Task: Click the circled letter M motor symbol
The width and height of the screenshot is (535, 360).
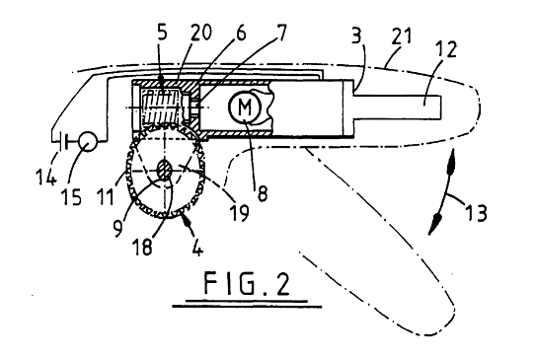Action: [244, 107]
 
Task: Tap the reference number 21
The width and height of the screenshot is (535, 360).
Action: [402, 37]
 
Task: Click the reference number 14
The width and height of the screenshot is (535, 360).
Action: [46, 176]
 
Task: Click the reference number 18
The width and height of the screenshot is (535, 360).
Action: [143, 247]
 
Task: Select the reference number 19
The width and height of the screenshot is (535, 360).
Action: [241, 212]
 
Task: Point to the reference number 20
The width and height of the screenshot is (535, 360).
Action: [200, 33]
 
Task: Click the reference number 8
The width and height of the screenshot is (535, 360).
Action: [262, 193]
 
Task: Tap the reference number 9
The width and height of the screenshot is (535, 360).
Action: [117, 228]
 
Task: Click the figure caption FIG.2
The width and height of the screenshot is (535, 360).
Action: [247, 284]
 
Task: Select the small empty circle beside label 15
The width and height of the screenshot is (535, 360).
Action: [88, 141]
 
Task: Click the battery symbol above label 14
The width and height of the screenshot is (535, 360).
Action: [63, 141]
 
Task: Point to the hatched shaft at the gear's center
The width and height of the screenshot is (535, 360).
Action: [165, 170]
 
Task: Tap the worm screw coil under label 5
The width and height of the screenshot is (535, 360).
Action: [161, 107]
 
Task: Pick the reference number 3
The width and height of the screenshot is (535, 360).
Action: [356, 36]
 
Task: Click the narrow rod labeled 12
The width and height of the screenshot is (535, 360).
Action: [398, 108]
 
